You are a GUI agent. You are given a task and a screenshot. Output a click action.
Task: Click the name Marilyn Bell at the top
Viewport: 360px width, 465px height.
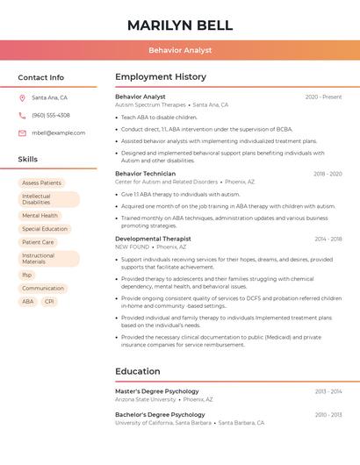(180, 25)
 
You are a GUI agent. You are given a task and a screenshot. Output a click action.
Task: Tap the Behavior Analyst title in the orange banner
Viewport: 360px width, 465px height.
(180, 50)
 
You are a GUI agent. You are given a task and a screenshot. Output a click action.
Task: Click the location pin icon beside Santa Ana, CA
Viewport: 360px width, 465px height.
(22, 98)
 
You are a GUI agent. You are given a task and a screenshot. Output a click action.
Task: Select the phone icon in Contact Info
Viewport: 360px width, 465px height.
(22, 116)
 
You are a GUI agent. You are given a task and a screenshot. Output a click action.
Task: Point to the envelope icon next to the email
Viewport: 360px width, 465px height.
(22, 133)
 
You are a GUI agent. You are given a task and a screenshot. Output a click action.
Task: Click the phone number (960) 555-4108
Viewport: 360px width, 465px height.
(51, 116)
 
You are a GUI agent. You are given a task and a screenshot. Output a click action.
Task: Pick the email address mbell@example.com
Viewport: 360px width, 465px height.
(59, 133)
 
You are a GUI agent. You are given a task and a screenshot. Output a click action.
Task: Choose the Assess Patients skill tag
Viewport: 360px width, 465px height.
(42, 182)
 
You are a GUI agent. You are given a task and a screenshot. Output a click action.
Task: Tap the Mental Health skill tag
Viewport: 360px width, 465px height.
(40, 215)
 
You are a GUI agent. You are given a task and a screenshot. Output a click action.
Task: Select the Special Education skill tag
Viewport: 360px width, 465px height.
(45, 229)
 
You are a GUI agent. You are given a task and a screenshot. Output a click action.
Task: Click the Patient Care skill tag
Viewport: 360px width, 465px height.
(39, 242)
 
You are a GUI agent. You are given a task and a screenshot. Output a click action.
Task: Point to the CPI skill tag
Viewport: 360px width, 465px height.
(49, 301)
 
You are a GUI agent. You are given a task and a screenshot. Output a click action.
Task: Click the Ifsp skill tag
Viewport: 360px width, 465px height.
(27, 275)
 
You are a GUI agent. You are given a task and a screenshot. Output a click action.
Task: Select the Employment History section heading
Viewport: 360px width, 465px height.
(161, 77)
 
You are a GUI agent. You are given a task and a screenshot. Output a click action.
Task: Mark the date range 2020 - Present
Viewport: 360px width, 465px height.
(323, 97)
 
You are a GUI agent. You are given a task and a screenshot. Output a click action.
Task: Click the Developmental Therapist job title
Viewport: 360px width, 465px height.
(153, 239)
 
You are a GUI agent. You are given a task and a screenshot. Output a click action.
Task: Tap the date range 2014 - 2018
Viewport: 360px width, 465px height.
(328, 239)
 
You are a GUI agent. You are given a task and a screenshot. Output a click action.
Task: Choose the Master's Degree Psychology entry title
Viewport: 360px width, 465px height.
(157, 391)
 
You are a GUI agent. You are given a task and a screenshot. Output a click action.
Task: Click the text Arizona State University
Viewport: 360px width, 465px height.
(145, 399)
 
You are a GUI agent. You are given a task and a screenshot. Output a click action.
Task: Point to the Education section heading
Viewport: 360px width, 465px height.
(138, 371)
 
